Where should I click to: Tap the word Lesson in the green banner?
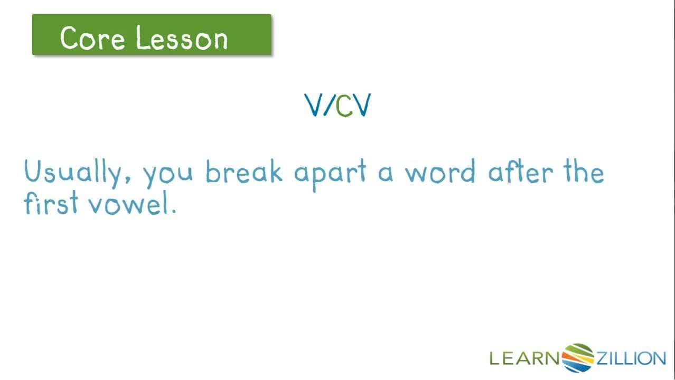pyautogui.click(x=182, y=38)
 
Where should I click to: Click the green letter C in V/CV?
pyautogui.click(x=344, y=106)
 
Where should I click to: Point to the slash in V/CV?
pyautogui.click(x=328, y=106)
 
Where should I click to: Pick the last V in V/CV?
pyautogui.click(x=362, y=106)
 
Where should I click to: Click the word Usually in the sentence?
pyautogui.click(x=73, y=173)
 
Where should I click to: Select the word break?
pyautogui.click(x=243, y=172)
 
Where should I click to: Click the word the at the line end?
pyautogui.click(x=583, y=172)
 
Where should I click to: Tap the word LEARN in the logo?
pyautogui.click(x=524, y=359)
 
